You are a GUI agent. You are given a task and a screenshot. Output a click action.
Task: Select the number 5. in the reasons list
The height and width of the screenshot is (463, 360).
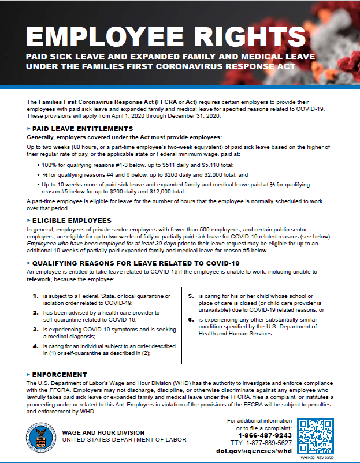191,296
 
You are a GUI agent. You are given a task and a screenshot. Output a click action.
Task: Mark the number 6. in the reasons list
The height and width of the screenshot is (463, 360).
191,319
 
